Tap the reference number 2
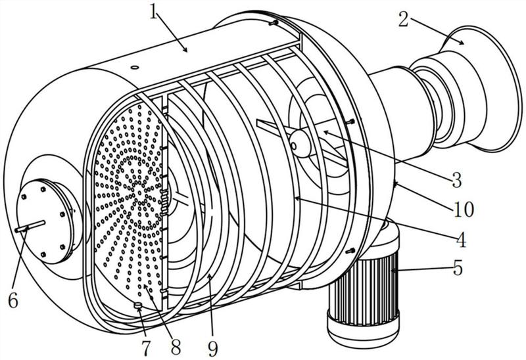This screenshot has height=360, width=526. [403, 20]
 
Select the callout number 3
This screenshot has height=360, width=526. [456, 180]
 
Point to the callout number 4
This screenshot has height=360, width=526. [462, 240]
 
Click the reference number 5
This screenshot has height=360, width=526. [458, 267]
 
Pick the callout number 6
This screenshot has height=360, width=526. [13, 301]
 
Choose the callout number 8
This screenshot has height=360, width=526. [176, 348]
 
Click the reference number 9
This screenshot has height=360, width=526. [212, 348]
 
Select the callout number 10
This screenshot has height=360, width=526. [464, 209]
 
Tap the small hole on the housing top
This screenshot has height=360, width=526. [135, 68]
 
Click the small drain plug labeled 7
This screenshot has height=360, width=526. [138, 305]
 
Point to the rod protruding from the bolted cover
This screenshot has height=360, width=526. [30, 226]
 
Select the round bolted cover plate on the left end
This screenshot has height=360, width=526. [44, 222]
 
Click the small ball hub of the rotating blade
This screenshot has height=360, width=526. [300, 144]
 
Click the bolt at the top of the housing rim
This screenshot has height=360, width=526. [274, 23]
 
